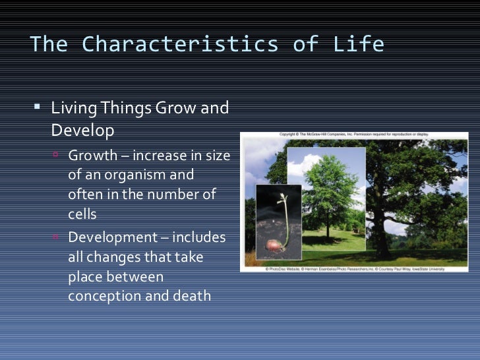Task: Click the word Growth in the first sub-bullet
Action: pyautogui.click(x=92, y=157)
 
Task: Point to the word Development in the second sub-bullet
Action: pyautogui.click(x=110, y=237)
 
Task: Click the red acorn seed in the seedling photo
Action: pyautogui.click(x=273, y=245)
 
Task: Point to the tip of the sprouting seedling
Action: pyautogui.click(x=282, y=196)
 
